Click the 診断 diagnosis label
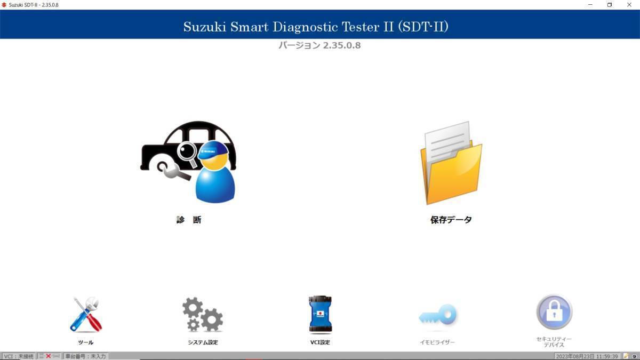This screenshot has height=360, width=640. [x=189, y=220]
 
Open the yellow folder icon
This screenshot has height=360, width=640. [x=451, y=163]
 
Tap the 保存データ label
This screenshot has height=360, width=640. [x=451, y=220]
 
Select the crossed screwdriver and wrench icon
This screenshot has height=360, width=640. [x=86, y=315]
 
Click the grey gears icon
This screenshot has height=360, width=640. [x=203, y=314]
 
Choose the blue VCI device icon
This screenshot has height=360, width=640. [x=320, y=314]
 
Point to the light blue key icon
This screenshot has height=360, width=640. [x=437, y=315]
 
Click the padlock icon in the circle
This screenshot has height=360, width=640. [x=554, y=312]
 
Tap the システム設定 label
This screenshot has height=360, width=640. [x=203, y=342]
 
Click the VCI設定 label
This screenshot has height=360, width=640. [x=320, y=342]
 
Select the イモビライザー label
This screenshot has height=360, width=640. [x=437, y=342]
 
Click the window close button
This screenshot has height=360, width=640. [x=629, y=5]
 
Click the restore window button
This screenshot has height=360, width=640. [x=610, y=5]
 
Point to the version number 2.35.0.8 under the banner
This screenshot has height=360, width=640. [x=342, y=45]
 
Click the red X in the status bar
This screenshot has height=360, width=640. [x=49, y=356]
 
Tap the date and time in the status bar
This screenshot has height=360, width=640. [x=587, y=356]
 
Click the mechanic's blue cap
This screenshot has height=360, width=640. [x=213, y=150]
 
